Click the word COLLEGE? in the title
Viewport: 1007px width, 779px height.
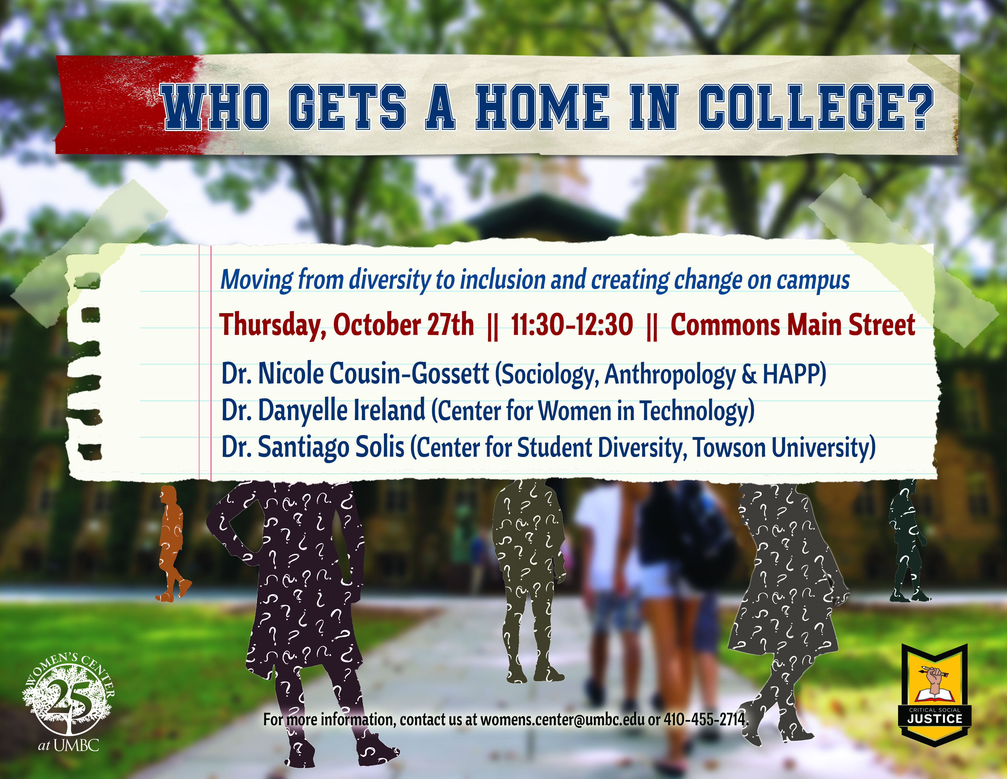tap(816, 107)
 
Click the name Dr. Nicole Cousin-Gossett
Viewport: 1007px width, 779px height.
tap(355, 373)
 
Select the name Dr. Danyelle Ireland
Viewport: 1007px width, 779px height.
tap(323, 410)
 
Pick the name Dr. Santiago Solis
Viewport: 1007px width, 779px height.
tap(313, 447)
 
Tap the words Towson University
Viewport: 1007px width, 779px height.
tap(784, 447)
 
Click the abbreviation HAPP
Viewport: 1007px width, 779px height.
tap(790, 373)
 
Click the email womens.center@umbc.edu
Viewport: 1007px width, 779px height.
tap(562, 719)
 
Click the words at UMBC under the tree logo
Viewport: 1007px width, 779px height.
tap(68, 745)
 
